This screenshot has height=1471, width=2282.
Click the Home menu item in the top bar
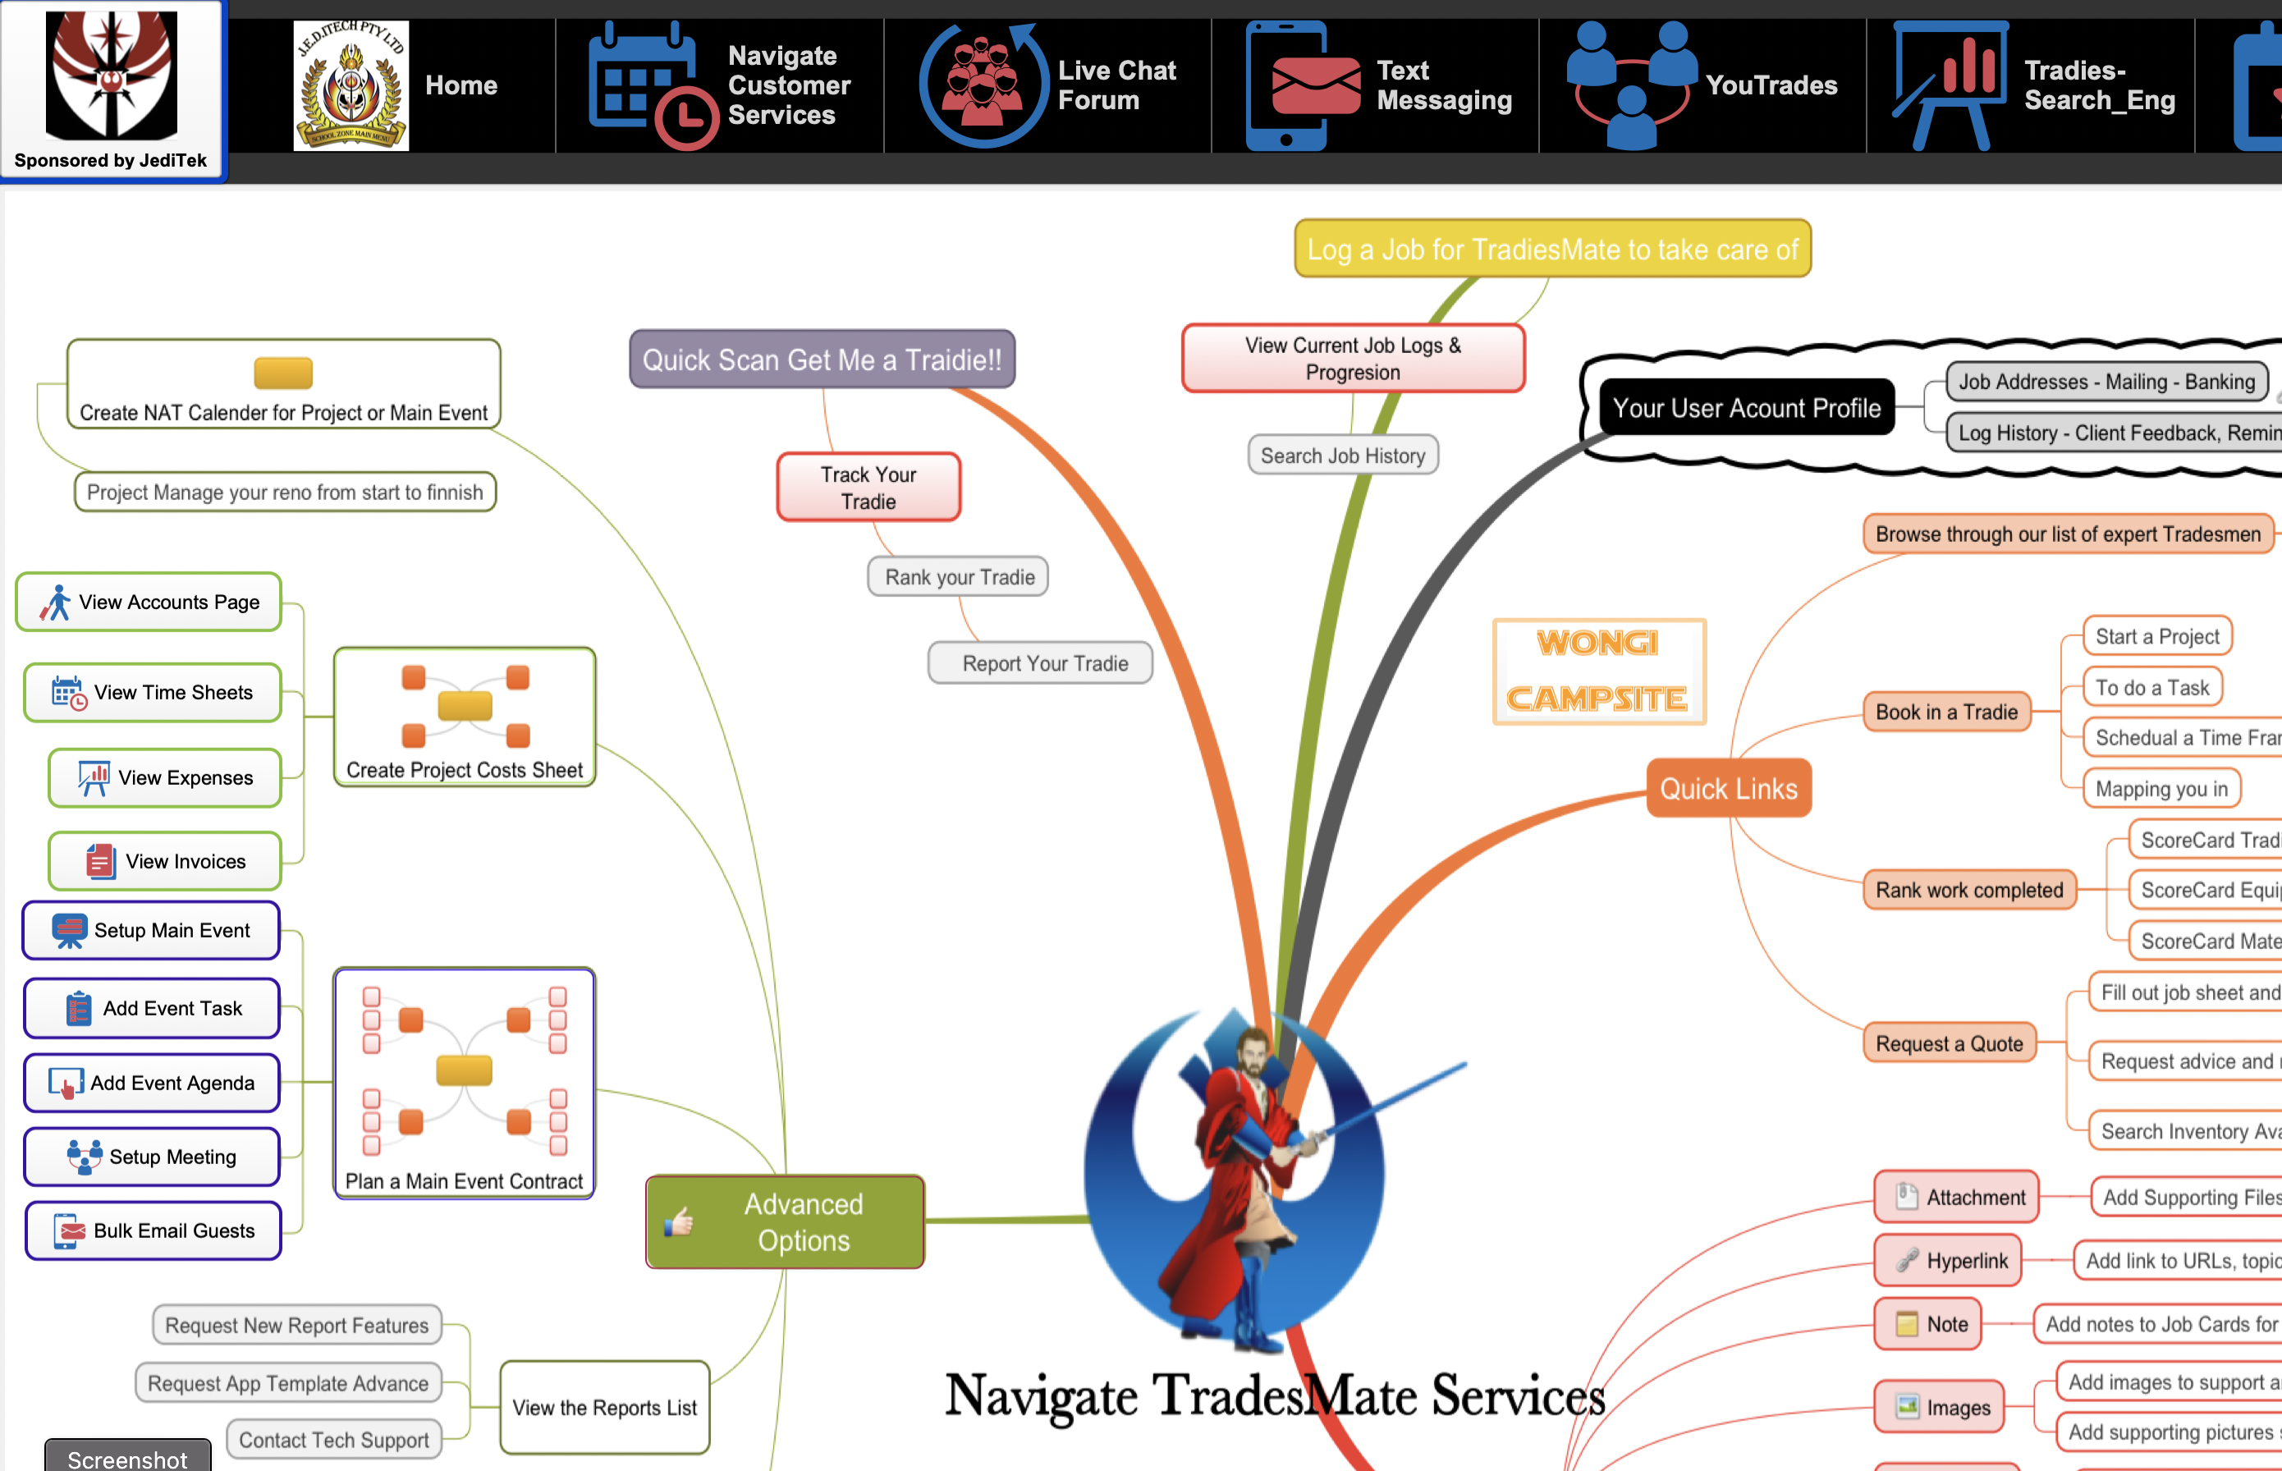point(461,85)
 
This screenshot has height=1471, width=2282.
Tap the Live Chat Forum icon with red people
point(983,85)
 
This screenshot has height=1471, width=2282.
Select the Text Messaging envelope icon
point(1314,85)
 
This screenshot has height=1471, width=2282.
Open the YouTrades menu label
point(1770,85)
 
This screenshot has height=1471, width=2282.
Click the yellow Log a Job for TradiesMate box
point(1551,250)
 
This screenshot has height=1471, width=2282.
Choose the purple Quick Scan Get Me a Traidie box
point(822,360)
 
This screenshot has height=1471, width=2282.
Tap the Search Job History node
point(1342,456)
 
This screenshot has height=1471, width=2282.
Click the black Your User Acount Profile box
point(1745,408)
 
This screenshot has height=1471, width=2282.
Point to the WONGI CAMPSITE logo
point(1598,671)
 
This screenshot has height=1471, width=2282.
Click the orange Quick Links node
point(1727,788)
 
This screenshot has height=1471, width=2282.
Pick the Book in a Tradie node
point(1945,712)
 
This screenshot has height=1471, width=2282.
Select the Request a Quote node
point(1949,1043)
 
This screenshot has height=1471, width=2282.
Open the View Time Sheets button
point(153,693)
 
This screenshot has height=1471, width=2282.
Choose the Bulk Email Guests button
point(154,1230)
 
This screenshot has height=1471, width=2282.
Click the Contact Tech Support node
point(333,1440)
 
